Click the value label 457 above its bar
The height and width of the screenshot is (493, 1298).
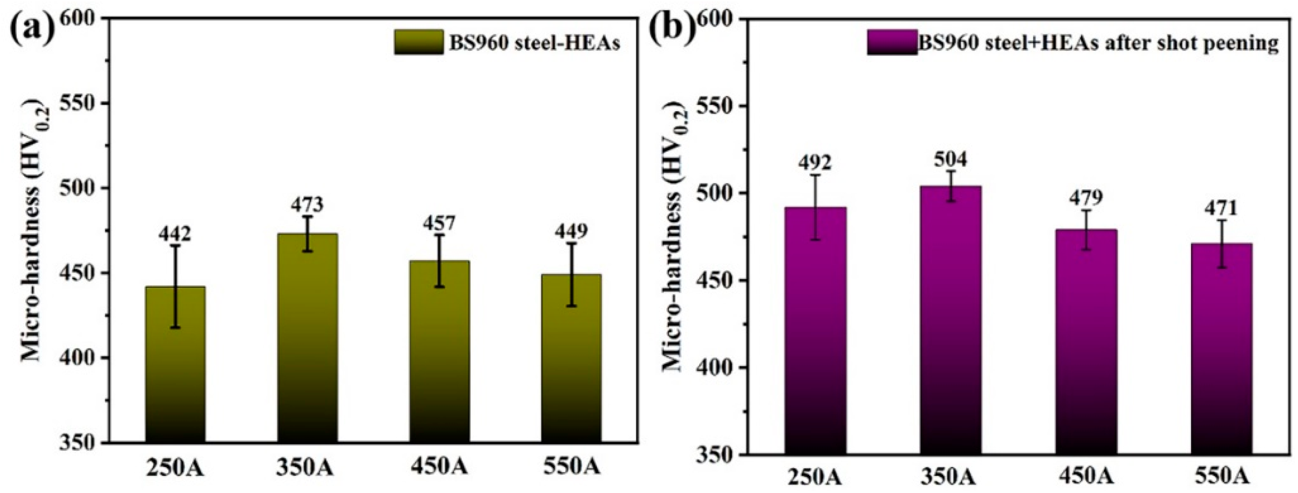(x=439, y=224)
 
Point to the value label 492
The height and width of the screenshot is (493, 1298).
(x=815, y=163)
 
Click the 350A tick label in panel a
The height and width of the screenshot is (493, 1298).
(x=305, y=467)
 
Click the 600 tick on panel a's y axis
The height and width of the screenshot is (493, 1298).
(x=82, y=19)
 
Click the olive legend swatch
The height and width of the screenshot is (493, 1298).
(x=419, y=42)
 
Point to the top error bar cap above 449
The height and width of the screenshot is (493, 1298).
(x=571, y=243)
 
